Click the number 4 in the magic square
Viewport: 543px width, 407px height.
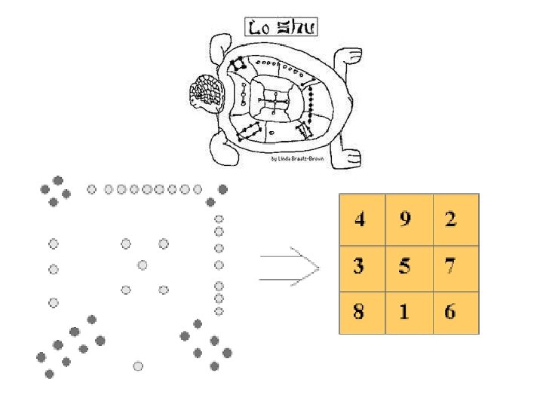click(360, 219)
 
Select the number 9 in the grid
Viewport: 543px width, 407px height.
click(406, 219)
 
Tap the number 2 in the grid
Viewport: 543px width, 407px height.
click(451, 219)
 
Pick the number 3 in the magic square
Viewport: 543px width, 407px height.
click(360, 266)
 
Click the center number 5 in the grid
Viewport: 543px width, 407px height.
click(406, 266)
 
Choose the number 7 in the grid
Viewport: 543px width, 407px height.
click(451, 266)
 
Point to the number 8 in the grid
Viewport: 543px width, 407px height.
click(360, 311)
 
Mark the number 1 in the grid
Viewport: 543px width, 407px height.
click(406, 311)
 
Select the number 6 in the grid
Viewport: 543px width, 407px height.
click(451, 311)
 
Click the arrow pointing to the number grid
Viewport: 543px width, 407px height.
click(290, 268)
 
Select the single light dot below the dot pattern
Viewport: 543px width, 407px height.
click(138, 366)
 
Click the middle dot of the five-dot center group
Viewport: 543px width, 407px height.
click(143, 265)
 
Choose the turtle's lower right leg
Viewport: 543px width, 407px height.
click(349, 154)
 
